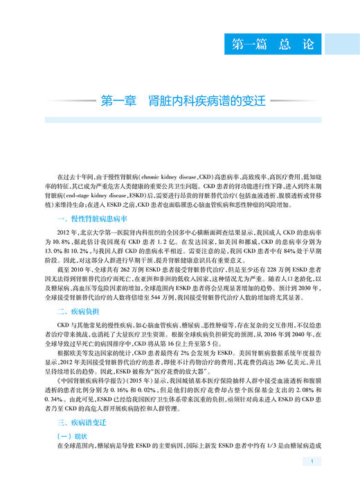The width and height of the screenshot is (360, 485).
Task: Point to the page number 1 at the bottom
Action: pyautogui.click(x=313, y=463)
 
